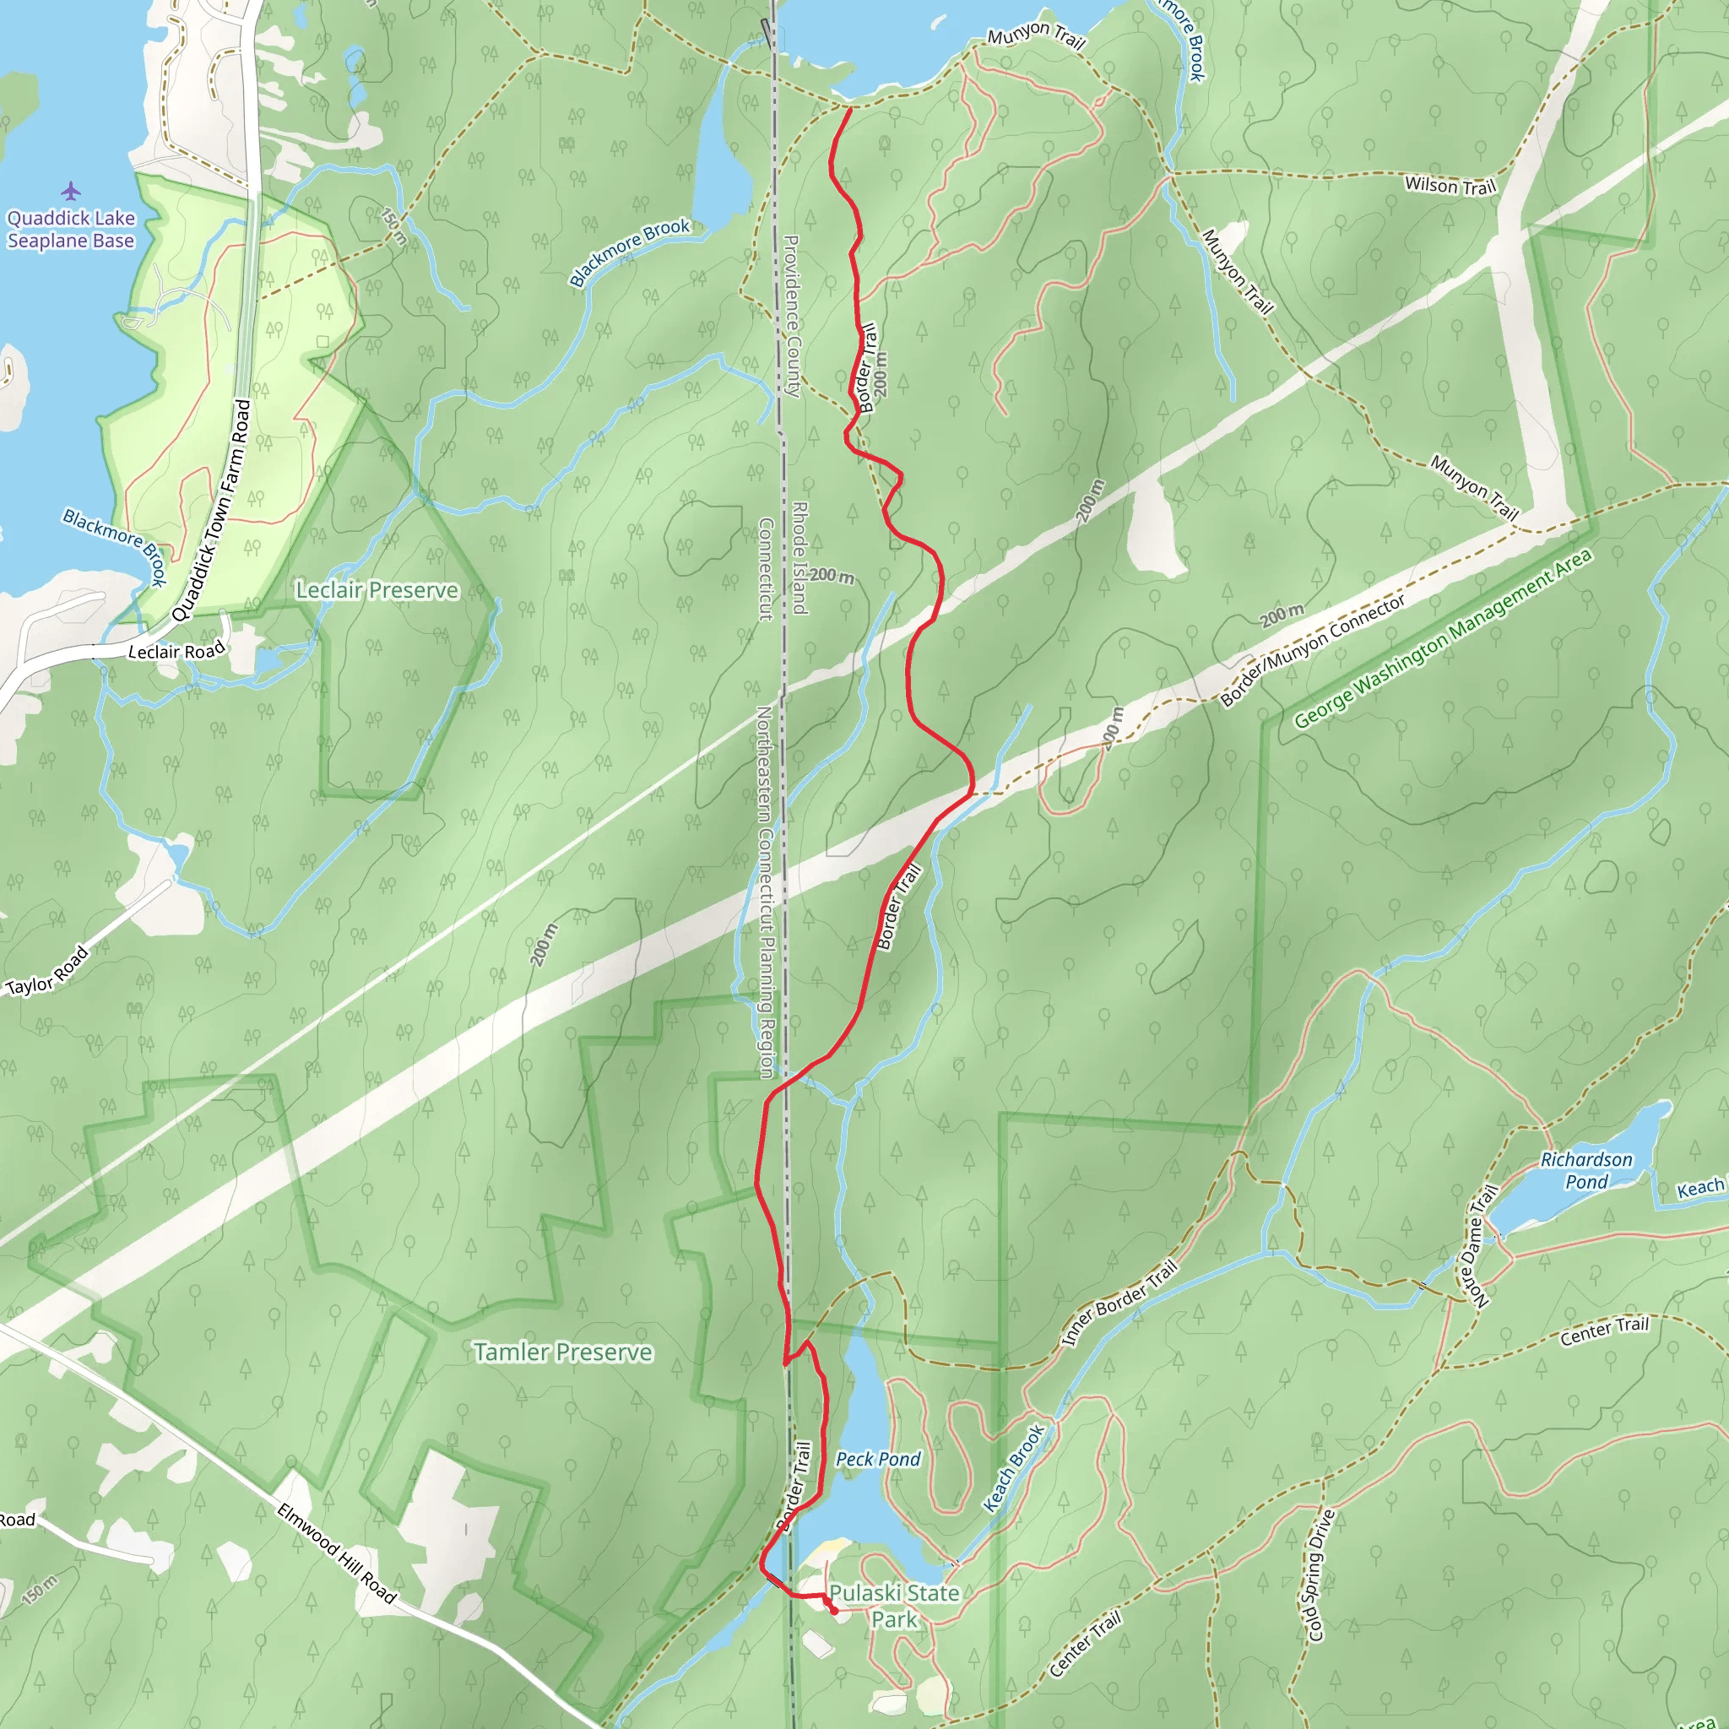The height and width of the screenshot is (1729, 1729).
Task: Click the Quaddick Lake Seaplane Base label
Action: [x=71, y=229]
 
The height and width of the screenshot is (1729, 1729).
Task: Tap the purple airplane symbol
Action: [x=71, y=191]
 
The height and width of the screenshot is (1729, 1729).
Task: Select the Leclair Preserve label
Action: [x=377, y=590]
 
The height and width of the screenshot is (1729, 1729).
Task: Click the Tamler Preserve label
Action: [x=562, y=1352]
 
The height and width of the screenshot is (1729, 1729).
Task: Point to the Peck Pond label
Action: [x=877, y=1460]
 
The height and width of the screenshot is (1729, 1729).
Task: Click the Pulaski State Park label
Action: [x=894, y=1607]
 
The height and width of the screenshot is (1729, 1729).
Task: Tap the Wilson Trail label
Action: [x=1450, y=186]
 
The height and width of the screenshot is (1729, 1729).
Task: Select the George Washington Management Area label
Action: [x=1443, y=638]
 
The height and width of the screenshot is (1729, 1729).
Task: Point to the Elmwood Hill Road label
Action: [x=336, y=1553]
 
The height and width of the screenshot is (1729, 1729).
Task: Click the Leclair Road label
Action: [x=176, y=651]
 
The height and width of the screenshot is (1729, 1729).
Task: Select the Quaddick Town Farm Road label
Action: [x=212, y=510]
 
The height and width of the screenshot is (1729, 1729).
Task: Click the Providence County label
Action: [x=792, y=316]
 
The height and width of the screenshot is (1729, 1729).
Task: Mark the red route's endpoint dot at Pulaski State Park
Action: [x=834, y=1611]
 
